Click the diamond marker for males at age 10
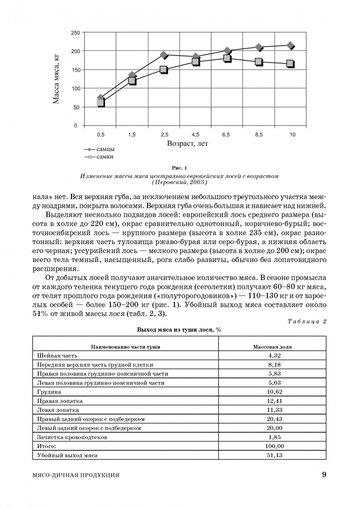point(290,46)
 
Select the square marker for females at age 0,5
point(100,103)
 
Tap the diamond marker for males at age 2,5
point(164,55)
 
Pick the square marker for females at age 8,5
point(259,62)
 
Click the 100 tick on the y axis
point(74,88)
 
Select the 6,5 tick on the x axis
point(226,135)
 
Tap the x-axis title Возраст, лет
point(187,143)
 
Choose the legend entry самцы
point(105,149)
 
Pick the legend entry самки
point(105,157)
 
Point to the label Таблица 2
point(307,321)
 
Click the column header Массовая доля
point(272,347)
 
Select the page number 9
point(324,475)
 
